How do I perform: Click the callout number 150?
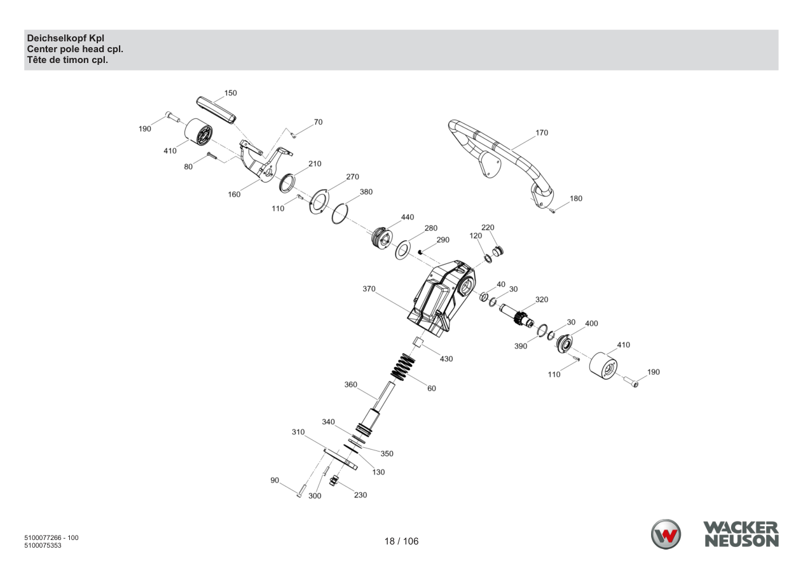[x=231, y=93]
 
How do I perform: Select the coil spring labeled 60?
[x=402, y=367]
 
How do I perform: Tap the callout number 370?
[x=369, y=289]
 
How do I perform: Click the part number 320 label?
[x=542, y=300]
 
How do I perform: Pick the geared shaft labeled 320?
[x=517, y=315]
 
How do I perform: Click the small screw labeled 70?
[x=293, y=135]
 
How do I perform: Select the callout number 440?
[x=408, y=217]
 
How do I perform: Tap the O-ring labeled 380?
[x=340, y=214]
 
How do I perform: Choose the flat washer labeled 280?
[x=403, y=250]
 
